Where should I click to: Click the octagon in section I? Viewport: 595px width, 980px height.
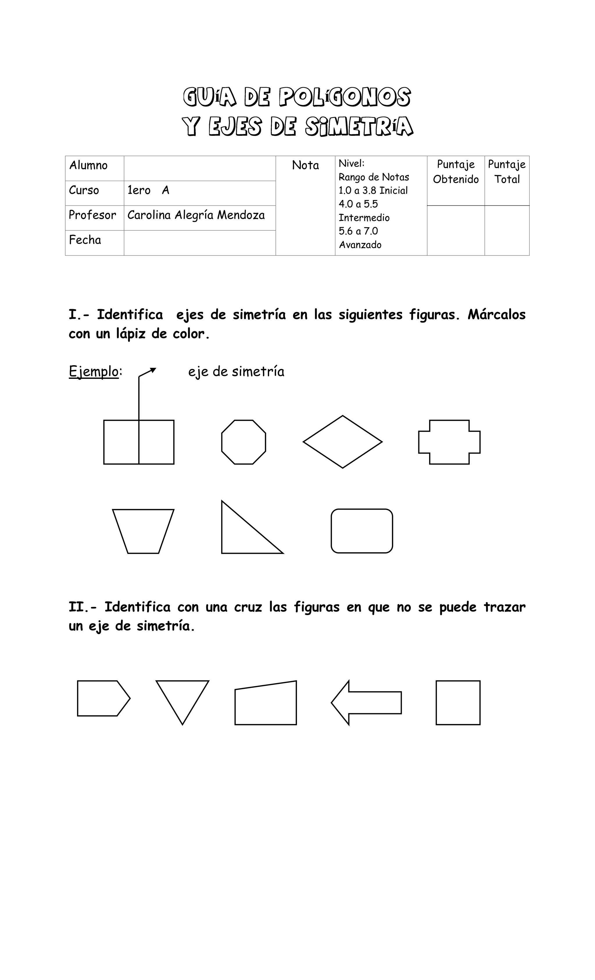coord(243,442)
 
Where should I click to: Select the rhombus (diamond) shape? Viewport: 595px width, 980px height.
coord(343,442)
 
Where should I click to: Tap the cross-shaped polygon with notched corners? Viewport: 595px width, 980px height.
coord(449,442)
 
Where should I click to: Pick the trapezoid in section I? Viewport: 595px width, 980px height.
coord(143,531)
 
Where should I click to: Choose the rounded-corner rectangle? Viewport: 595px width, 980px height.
coord(361,531)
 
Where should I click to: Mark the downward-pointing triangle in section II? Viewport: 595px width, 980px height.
coord(182,696)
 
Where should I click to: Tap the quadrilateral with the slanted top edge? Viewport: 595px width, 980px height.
coord(266,704)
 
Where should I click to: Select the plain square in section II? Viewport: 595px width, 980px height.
coord(458,703)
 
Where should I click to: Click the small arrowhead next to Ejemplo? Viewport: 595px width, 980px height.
coord(153,370)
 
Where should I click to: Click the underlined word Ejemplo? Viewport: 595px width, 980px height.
coord(94,372)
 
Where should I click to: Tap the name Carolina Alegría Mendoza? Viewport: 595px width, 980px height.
coord(196,215)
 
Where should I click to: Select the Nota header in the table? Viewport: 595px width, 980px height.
coord(305,165)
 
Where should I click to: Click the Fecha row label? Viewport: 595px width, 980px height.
coord(85,240)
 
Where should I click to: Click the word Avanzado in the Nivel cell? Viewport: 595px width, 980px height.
coord(360,245)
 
